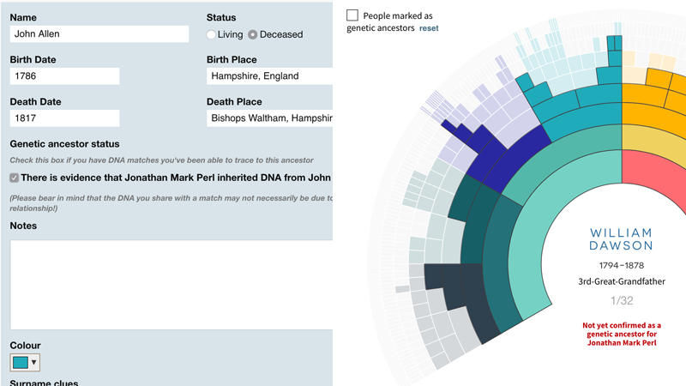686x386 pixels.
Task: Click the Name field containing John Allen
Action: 99,34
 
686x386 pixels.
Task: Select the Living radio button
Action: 211,34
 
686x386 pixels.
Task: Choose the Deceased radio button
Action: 253,34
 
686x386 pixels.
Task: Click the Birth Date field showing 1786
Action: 64,76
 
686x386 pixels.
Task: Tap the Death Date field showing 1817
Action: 64,118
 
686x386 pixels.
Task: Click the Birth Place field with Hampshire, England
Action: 269,76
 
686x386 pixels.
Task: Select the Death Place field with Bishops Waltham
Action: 269,118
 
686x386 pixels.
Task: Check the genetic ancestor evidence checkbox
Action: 15,178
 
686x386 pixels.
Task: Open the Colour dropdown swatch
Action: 25,363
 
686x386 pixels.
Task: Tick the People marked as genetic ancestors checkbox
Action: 352,15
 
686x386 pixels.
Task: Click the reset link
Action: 429,28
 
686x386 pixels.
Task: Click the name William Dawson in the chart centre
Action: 622,239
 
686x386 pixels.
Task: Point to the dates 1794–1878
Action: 622,266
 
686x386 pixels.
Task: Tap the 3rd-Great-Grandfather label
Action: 622,281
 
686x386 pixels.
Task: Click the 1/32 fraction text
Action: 622,300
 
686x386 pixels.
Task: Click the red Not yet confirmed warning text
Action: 622,334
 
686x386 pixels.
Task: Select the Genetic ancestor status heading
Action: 65,144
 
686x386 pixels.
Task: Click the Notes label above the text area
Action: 24,226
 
